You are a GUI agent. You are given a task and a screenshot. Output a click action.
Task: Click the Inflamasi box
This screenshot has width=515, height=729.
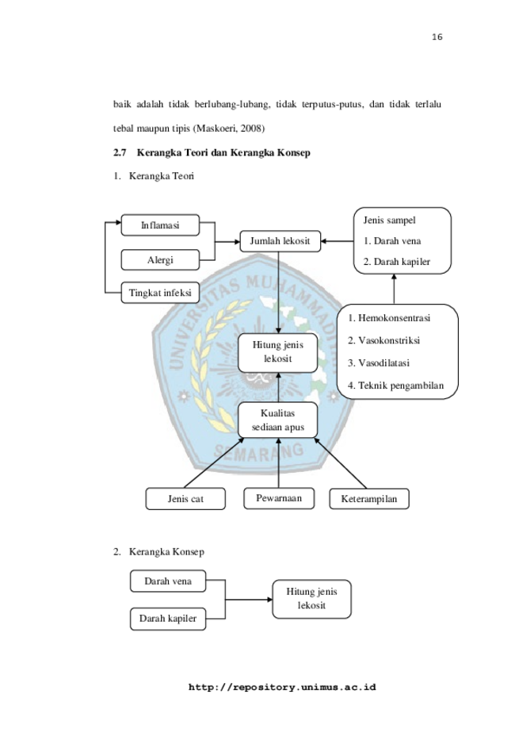coord(160,225)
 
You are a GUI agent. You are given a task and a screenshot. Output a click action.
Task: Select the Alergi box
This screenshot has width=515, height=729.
coord(160,260)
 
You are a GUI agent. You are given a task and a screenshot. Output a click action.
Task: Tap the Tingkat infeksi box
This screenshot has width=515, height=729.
coord(160,293)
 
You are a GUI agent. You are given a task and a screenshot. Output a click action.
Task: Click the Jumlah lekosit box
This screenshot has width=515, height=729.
coord(280,241)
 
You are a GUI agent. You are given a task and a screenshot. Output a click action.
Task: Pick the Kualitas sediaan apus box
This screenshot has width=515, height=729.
coord(277,420)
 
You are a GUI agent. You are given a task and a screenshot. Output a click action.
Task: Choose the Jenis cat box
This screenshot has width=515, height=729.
coord(185,499)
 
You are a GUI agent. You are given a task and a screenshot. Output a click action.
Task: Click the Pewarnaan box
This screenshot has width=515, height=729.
coord(279,498)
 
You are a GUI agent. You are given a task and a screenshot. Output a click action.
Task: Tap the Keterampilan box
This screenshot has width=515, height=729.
coord(369,499)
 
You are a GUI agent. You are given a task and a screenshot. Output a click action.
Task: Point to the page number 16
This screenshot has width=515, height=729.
coord(437,37)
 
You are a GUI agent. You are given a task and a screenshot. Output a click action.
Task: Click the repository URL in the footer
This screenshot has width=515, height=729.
coord(282,687)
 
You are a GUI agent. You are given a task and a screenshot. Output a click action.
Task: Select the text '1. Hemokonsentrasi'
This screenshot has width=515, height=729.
coord(389,318)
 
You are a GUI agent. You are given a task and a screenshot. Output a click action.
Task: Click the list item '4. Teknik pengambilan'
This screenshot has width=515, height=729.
coord(395,386)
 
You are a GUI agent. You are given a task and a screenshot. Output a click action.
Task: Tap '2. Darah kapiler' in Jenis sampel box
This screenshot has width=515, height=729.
coord(397,262)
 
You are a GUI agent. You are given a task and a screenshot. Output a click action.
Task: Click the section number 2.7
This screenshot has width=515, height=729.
coord(120,152)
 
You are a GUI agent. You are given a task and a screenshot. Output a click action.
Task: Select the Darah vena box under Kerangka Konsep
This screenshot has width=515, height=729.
coord(168,581)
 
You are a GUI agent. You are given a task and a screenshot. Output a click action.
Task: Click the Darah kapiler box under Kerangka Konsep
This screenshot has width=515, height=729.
coord(168,619)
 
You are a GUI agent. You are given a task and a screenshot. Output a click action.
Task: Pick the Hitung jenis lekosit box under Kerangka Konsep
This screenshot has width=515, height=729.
coord(311,599)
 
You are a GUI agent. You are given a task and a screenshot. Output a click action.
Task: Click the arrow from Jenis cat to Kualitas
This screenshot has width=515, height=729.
coord(214,463)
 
